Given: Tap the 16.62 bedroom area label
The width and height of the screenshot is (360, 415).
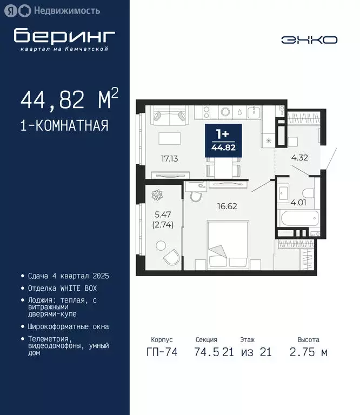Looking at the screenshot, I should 227,206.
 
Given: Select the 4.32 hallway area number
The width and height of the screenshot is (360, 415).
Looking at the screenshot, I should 299,158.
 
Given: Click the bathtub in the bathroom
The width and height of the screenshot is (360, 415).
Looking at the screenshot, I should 297,219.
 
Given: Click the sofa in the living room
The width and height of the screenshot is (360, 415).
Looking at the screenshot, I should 169,115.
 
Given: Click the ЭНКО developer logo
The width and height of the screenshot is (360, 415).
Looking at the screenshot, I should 310,39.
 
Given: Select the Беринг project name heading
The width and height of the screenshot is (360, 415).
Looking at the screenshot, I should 64,36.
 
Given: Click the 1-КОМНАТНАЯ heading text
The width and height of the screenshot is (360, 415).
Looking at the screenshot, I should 64,126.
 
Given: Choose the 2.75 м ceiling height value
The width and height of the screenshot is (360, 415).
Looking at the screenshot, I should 309,352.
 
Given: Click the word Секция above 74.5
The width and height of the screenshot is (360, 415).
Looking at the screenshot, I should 206,340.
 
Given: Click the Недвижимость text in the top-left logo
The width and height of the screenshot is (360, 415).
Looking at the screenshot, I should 67,10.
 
